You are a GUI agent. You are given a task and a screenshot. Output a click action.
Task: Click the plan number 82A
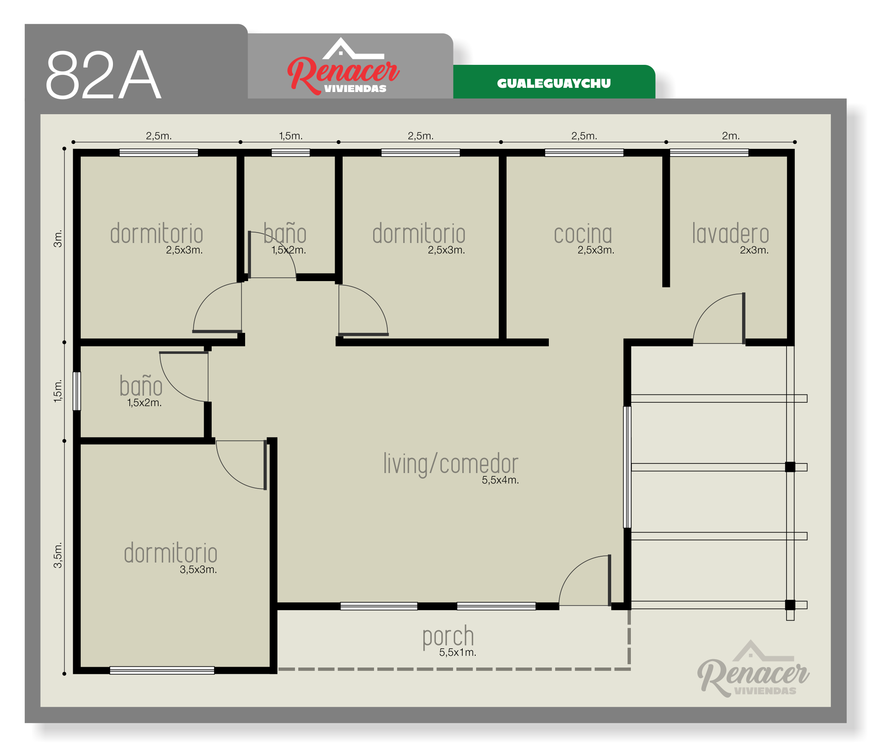tap(104, 75)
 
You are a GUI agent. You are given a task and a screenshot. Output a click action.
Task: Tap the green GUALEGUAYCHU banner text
tap(554, 83)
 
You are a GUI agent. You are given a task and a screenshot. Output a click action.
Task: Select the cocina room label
tap(583, 234)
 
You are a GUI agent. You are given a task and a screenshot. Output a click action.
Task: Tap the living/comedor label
tap(451, 464)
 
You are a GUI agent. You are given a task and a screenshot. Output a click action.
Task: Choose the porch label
tap(448, 637)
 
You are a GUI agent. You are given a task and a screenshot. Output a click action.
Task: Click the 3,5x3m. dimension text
tap(198, 569)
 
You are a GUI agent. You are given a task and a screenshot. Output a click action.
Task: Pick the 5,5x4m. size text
tap(500, 480)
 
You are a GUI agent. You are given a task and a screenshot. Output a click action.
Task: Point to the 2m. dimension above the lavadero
tap(730, 136)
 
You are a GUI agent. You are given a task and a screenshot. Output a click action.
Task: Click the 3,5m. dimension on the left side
tap(58, 555)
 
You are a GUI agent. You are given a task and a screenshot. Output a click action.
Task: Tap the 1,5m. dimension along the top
tap(290, 136)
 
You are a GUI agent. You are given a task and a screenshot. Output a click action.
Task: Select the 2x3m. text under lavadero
tap(754, 250)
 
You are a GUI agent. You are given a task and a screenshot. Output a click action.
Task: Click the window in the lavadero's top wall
tap(709, 153)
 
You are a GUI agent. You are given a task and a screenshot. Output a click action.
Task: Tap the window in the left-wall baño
tap(77, 391)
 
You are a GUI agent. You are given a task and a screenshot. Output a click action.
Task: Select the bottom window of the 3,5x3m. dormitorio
tap(162, 670)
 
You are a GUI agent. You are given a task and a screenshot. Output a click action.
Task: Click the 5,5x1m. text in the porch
tap(457, 652)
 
